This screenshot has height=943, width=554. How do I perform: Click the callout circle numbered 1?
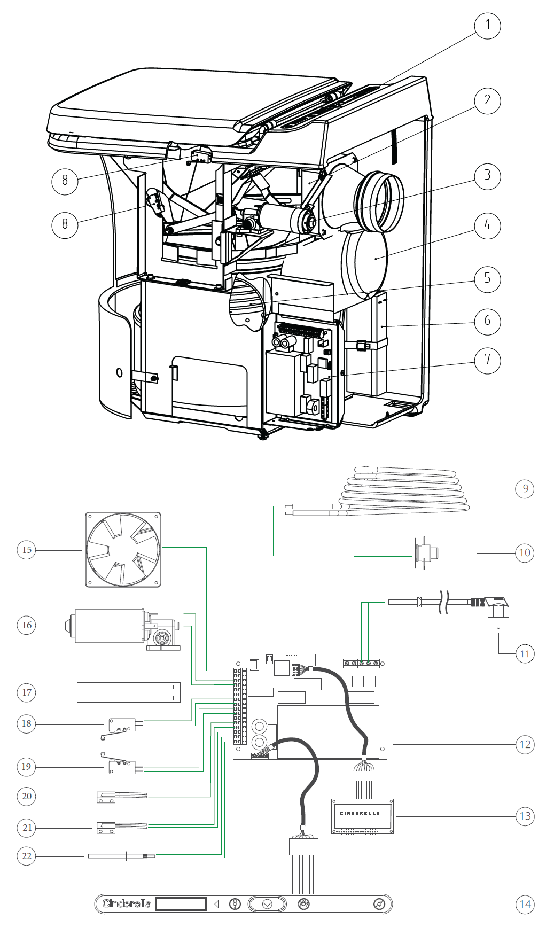click(487, 25)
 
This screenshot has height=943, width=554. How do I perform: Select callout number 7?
click(487, 360)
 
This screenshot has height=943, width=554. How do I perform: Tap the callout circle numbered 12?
click(525, 744)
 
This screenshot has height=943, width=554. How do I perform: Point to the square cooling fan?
click(123, 550)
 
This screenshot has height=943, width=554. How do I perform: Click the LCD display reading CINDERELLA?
click(362, 816)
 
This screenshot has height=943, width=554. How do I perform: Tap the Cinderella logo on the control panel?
click(127, 903)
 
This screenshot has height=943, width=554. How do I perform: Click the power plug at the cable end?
click(496, 609)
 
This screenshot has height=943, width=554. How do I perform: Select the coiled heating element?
click(406, 489)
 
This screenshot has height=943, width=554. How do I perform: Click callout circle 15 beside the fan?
click(27, 550)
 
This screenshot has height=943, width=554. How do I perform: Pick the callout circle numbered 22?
click(27, 856)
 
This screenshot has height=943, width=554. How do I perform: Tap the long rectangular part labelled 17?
click(128, 692)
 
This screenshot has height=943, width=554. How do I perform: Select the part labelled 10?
click(425, 552)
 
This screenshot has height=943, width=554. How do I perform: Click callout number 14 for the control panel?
click(525, 904)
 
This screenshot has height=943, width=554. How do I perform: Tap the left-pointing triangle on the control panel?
click(216, 904)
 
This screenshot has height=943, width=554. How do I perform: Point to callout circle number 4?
click(487, 225)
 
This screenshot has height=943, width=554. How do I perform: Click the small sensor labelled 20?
click(106, 797)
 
